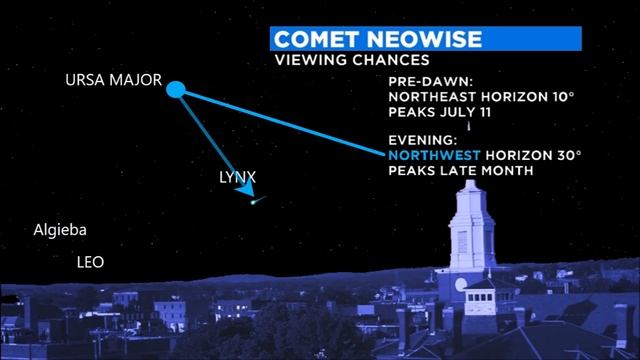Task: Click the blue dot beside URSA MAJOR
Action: coord(175,90)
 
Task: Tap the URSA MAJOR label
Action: coord(113,80)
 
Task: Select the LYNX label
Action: coord(237,177)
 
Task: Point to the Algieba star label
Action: coord(59,230)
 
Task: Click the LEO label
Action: coord(91,262)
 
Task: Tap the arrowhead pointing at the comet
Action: coord(247,196)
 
